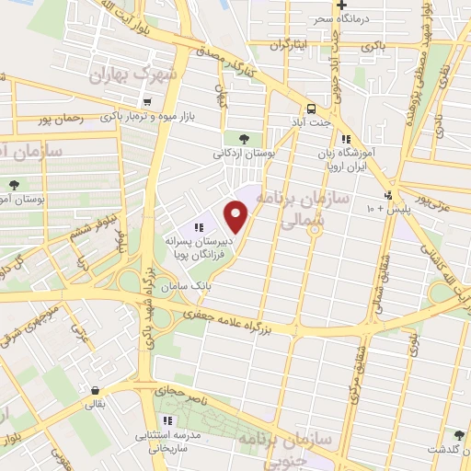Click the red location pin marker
[x=237, y=217]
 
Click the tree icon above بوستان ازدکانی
[x=243, y=138]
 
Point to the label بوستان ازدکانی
[x=243, y=155]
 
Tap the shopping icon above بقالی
[x=96, y=389]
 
